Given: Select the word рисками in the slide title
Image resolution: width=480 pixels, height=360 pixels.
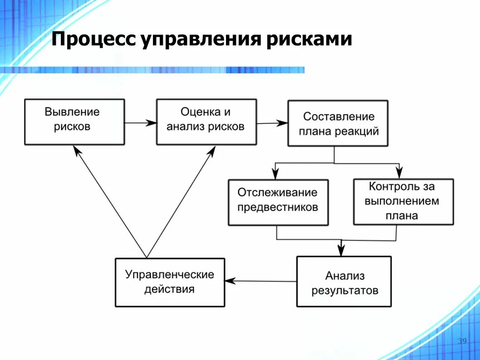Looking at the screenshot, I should coord(309,40).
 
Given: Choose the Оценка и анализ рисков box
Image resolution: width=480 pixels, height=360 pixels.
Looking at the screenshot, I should coord(206,122).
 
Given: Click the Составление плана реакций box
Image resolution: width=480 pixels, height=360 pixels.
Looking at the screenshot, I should coord(338,123).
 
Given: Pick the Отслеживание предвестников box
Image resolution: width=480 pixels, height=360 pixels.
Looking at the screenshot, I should coord(278,202).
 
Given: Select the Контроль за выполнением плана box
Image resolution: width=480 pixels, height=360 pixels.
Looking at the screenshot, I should coord(403,202).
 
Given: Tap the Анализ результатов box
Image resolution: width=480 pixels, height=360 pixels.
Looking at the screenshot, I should coord(344,281).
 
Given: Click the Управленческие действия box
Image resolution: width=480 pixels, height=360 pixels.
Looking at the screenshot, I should coord(170,282).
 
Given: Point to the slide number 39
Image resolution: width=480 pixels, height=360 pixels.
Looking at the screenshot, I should coord(462,341).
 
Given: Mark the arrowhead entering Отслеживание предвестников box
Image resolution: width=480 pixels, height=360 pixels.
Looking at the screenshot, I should coord(275,173).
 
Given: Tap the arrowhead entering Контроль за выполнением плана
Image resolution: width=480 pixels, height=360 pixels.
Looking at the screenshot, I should coord(399,173).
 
